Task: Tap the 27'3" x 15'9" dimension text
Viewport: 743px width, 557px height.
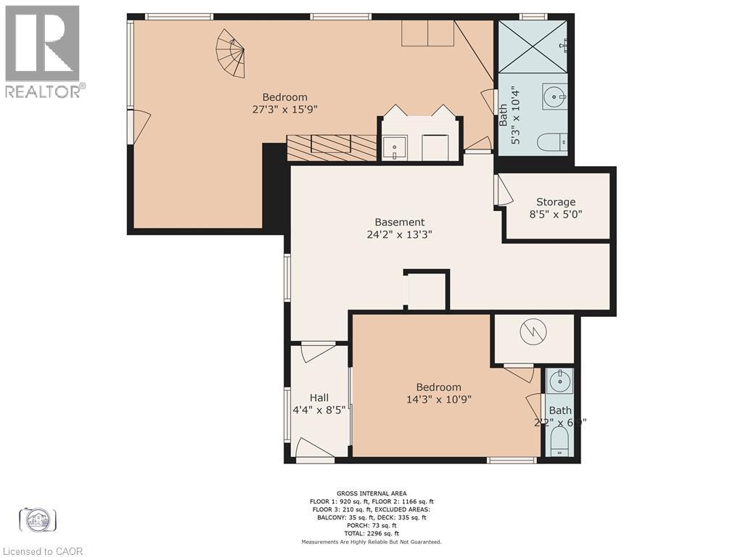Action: (284, 110)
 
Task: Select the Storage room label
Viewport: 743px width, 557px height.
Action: (556, 202)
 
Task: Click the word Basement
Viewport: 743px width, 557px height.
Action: (399, 222)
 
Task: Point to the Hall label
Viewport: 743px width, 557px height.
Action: (319, 397)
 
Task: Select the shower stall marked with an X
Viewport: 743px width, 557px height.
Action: (533, 45)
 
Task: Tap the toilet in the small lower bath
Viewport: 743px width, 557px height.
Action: (559, 441)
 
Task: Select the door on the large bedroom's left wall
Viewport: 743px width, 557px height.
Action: (139, 126)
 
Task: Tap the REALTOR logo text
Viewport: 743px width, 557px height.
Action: (44, 91)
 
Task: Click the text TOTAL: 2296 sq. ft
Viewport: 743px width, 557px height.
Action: (371, 533)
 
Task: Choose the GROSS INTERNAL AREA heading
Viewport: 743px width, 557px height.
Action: (371, 492)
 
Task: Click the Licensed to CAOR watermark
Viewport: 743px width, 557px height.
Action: (42, 551)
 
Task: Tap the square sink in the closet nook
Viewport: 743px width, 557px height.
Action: (395, 147)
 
